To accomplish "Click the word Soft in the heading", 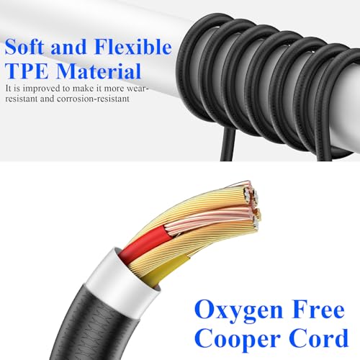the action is tap(25, 47).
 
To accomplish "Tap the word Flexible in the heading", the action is tap(133, 46).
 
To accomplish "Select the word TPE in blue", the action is tap(27, 71).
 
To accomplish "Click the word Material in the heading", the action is tap(99, 71).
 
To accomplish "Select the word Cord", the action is tap(318, 338).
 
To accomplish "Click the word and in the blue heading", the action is tap(68, 47).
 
